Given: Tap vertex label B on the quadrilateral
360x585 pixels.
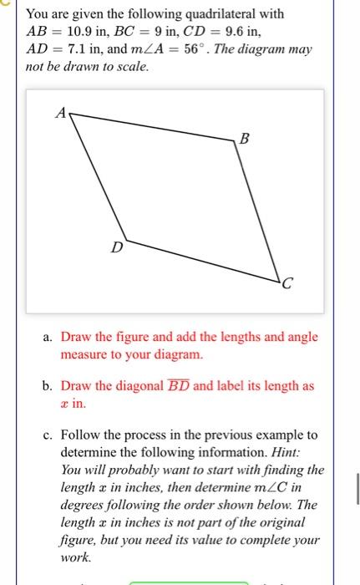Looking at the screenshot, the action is point(244,140).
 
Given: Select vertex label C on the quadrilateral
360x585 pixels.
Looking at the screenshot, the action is point(286,289).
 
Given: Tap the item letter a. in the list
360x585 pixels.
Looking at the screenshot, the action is point(49,337).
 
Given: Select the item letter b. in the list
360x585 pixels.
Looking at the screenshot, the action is point(49,387).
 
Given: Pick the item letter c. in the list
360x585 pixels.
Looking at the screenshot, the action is point(49,435).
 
